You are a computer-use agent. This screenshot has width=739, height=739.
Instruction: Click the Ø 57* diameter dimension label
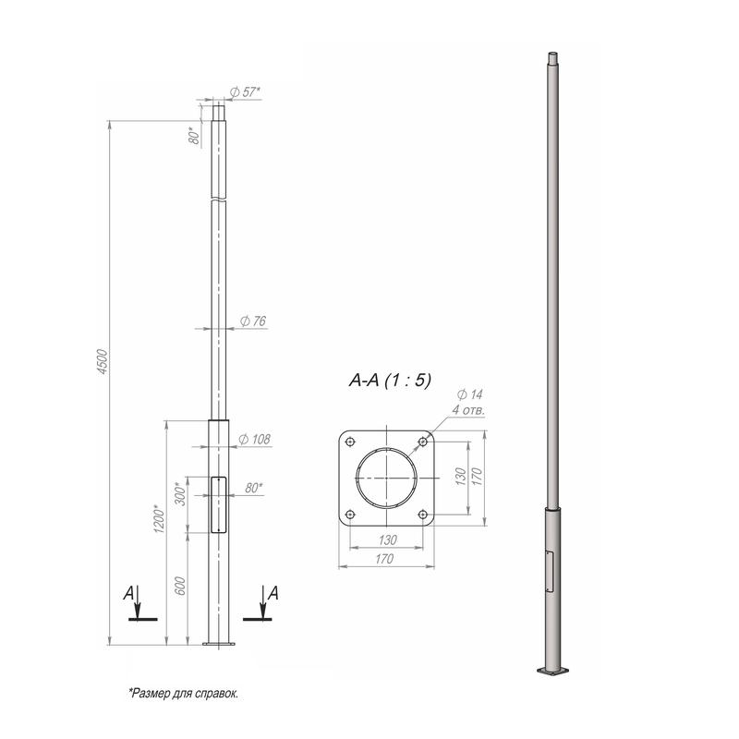click(x=245, y=92)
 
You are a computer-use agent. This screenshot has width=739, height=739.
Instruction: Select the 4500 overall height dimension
click(x=103, y=362)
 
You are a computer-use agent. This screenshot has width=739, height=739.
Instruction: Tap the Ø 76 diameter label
click(x=253, y=321)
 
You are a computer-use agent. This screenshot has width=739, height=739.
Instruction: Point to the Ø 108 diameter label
click(x=255, y=440)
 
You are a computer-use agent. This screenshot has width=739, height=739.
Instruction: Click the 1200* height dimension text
click(x=159, y=519)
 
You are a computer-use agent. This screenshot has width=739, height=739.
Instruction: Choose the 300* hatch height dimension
click(x=180, y=493)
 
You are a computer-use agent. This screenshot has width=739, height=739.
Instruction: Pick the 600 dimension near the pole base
click(x=180, y=586)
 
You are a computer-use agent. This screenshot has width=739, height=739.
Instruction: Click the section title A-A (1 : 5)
click(x=390, y=381)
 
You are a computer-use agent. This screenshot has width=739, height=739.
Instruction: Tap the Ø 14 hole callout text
click(x=470, y=394)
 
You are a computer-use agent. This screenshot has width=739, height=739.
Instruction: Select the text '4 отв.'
click(x=468, y=410)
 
